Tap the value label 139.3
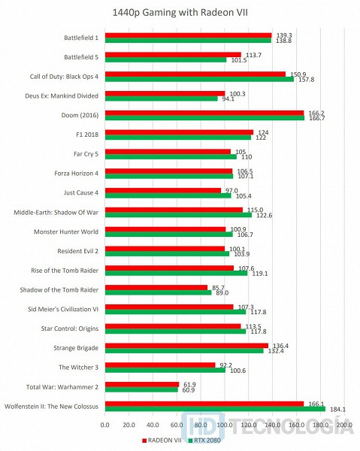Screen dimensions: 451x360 tap(284, 35)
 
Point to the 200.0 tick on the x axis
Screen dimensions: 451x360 tap(345, 425)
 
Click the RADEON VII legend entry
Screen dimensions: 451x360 tap(162, 440)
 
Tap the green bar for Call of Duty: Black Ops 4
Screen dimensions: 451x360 tap(199, 79)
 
